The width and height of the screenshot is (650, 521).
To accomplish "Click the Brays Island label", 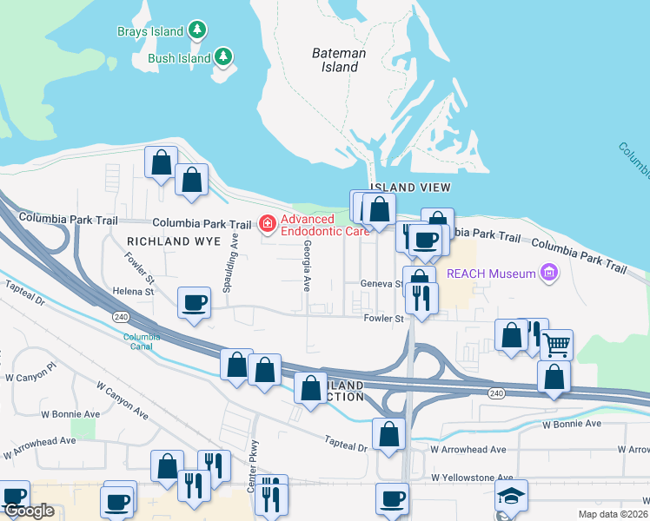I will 150,31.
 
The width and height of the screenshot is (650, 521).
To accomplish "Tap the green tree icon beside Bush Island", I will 224,57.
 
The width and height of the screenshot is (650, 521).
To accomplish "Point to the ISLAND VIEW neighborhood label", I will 410,188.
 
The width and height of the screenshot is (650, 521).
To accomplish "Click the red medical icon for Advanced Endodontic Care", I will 268,225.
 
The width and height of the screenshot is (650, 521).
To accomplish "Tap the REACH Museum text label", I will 491,274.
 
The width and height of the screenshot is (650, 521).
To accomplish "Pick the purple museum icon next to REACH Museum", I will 548,274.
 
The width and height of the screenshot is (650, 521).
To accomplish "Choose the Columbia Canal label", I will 141,341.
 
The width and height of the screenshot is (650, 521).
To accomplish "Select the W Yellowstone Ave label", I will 472,478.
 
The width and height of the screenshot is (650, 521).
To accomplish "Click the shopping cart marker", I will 556,344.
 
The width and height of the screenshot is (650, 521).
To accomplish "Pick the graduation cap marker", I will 511,496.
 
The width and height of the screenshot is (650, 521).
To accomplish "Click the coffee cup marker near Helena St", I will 193,303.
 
